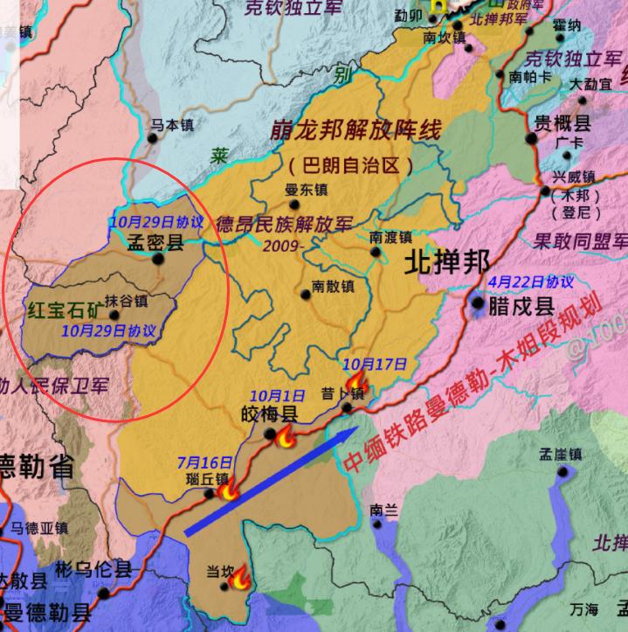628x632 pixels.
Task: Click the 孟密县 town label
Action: click(155, 243)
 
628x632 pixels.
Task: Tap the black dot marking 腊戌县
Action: click(479, 303)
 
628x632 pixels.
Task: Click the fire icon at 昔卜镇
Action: click(355, 382)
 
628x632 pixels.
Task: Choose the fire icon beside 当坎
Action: click(240, 576)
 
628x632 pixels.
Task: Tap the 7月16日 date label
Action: click(204, 462)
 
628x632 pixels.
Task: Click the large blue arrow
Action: click(271, 480)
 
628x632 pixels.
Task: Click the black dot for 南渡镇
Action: click(376, 252)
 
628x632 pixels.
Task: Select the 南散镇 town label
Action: click(333, 286)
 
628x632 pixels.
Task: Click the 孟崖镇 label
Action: click(560, 454)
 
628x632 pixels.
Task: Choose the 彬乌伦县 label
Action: click(93, 569)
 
